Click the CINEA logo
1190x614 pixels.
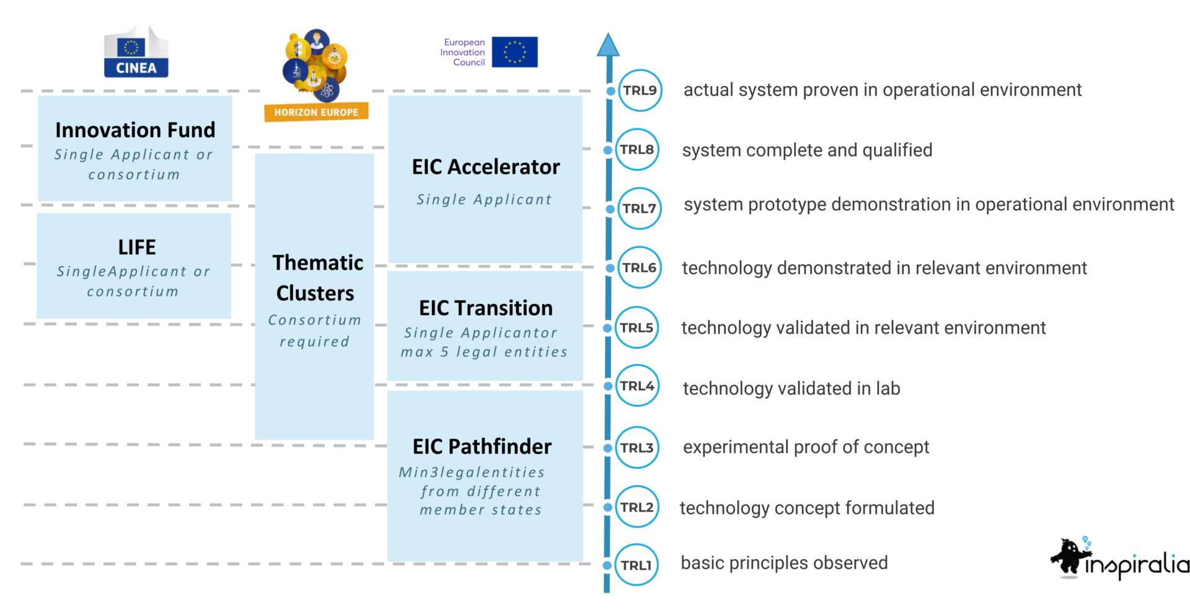(136, 50)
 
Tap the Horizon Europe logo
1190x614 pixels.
(315, 75)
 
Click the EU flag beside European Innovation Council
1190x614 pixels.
(514, 51)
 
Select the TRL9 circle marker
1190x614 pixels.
(640, 91)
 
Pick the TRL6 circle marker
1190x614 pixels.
(639, 267)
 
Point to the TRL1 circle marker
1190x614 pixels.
(637, 565)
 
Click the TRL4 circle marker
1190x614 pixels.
(637, 386)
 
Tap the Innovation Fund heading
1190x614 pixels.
(135, 130)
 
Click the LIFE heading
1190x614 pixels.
(137, 247)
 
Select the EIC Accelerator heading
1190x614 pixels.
(486, 167)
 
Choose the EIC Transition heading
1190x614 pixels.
(486, 308)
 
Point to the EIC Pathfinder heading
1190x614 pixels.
(482, 446)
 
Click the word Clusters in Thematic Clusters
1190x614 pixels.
(315, 293)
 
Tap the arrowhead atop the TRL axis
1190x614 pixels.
(608, 45)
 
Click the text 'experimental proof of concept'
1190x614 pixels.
(806, 447)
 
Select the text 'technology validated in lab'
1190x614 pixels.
(791, 388)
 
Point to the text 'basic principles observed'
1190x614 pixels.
(784, 563)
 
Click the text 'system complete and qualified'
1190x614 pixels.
(807, 150)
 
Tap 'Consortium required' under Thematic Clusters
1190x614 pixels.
(314, 331)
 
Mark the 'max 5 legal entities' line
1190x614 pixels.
(484, 352)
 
